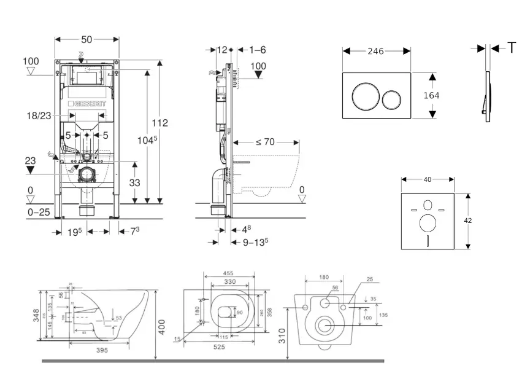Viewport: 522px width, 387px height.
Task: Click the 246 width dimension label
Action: point(376,51)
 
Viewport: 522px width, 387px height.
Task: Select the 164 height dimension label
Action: point(431,95)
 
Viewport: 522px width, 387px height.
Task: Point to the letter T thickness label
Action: point(512,48)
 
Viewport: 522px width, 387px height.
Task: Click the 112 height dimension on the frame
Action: point(160,122)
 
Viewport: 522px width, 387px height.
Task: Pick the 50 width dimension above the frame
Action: point(86,39)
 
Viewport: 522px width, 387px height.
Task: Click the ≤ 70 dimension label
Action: point(264,142)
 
